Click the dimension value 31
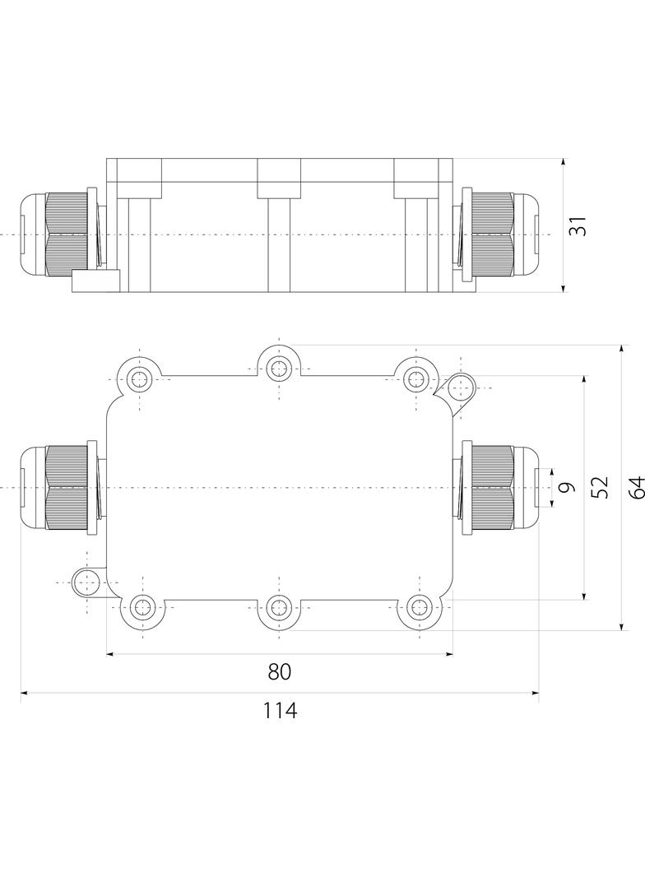(580, 226)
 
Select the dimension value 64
(634, 488)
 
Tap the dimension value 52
(600, 488)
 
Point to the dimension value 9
(564, 488)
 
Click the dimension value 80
(280, 672)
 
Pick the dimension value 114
(280, 711)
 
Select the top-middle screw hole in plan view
(280, 366)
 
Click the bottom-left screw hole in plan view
(141, 609)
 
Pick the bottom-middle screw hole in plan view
(280, 609)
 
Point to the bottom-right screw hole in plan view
(418, 609)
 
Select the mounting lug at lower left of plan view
(86, 582)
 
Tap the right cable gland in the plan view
(499, 488)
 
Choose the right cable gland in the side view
(499, 235)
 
